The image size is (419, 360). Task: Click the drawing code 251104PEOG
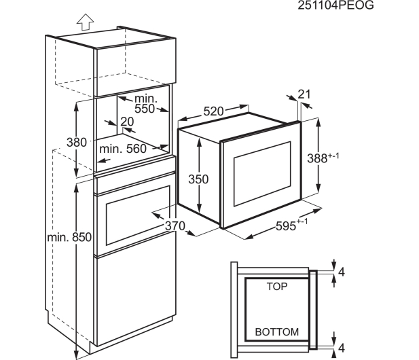[x=335, y=5]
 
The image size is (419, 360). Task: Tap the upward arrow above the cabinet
[x=86, y=22]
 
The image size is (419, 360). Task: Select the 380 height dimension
[x=77, y=142]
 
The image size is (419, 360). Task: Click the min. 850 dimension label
[x=69, y=237]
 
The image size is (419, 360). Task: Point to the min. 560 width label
[x=123, y=149]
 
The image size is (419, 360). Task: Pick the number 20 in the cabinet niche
[x=127, y=122]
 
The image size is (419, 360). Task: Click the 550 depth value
[x=145, y=109]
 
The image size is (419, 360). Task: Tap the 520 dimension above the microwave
[x=213, y=111]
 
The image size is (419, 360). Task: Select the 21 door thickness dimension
[x=304, y=94]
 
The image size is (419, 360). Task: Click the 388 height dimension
[x=323, y=158]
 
